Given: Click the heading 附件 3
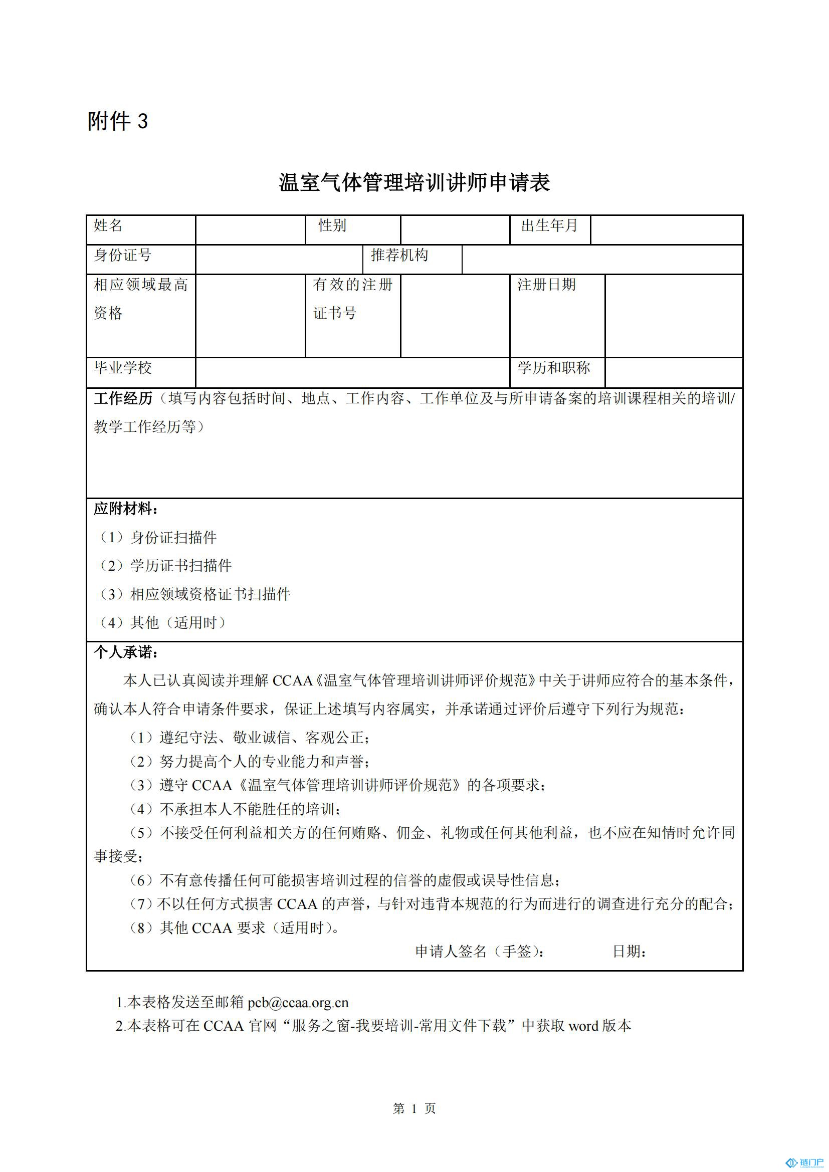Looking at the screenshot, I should point(117,121).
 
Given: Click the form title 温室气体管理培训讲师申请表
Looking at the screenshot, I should point(414,182).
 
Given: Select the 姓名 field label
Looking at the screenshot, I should point(108,225).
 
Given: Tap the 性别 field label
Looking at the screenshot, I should point(332,225).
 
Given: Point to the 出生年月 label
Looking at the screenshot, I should point(549,225).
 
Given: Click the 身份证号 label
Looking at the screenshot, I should point(122,255).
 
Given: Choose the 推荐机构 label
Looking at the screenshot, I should point(399,255).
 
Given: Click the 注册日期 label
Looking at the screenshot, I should point(546,285).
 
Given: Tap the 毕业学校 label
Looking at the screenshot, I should point(122,368).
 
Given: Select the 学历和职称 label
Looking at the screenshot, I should point(554,368).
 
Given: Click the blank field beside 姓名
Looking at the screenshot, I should point(250,229).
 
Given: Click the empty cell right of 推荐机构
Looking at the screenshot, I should point(601,260).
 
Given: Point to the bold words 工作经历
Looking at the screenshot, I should point(123,399).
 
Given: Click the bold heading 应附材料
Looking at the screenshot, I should point(126,509).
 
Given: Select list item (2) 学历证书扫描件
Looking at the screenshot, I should point(165,566).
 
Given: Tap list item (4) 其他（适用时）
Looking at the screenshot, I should point(162,623).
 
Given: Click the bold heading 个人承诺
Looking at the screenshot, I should point(126,652).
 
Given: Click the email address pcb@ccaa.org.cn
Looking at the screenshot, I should point(298,1003).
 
